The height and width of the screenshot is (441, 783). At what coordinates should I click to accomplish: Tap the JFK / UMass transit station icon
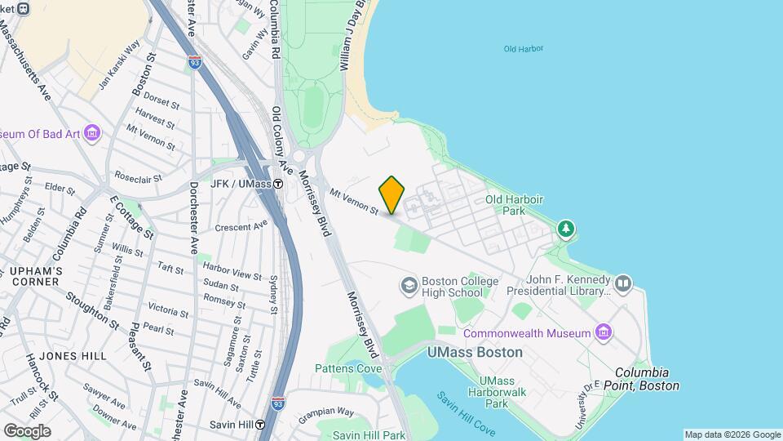278,184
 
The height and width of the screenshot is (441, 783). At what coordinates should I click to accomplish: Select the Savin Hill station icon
260,425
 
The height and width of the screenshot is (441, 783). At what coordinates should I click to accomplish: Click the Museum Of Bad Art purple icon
92,133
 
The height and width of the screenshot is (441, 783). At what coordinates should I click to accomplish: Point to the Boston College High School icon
408,285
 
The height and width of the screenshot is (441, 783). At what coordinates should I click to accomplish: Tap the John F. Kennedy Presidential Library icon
624,283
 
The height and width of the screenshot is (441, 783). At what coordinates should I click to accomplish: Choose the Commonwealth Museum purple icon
604,332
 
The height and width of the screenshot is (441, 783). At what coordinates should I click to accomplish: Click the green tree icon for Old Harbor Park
565,229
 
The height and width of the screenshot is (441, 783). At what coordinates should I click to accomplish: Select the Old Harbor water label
524,49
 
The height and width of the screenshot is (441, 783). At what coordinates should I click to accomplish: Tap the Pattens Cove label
348,368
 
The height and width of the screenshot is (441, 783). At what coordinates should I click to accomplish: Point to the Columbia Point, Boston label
647,379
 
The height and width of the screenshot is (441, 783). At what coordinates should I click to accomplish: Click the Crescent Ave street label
241,225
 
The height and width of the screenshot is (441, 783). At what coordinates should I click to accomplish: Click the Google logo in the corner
27,430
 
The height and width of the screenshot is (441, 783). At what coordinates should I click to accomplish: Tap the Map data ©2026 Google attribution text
732,434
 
